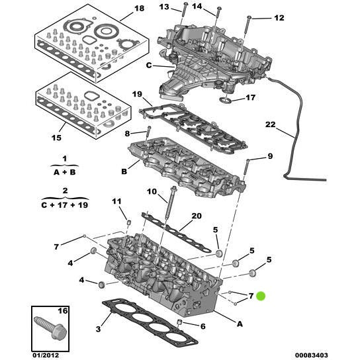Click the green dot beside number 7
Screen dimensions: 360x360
(x=261, y=296)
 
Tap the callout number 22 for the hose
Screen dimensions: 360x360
(x=270, y=124)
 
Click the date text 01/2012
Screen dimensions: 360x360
(x=46, y=355)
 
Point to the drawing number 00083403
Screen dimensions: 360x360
(x=311, y=355)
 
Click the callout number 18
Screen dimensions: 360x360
(x=139, y=9)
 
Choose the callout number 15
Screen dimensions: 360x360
(x=56, y=138)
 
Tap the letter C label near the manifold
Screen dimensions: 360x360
(x=149, y=66)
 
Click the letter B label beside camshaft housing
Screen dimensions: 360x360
(x=124, y=171)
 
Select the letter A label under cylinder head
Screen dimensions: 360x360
(x=240, y=324)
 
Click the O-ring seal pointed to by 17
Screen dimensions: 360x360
(x=224, y=100)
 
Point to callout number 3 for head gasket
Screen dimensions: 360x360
(x=98, y=329)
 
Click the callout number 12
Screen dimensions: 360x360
(x=279, y=18)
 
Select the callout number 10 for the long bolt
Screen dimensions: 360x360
(x=152, y=191)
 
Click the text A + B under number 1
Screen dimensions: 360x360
(x=64, y=172)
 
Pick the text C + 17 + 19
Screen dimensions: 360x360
(x=65, y=204)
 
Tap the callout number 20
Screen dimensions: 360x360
(x=197, y=216)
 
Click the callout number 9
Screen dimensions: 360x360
(x=270, y=156)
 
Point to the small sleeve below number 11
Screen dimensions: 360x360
(x=129, y=222)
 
